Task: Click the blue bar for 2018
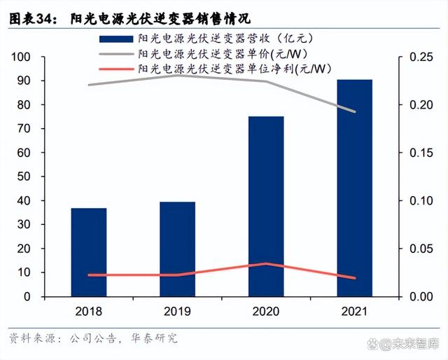point(89,252)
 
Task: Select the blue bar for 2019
point(177,249)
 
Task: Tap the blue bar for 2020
point(266,207)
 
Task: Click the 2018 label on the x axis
point(89,311)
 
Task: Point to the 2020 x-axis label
point(266,311)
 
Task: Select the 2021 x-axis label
point(355,311)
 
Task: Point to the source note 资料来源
point(32,338)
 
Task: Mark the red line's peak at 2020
point(266,264)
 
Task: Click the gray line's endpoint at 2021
point(355,111)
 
